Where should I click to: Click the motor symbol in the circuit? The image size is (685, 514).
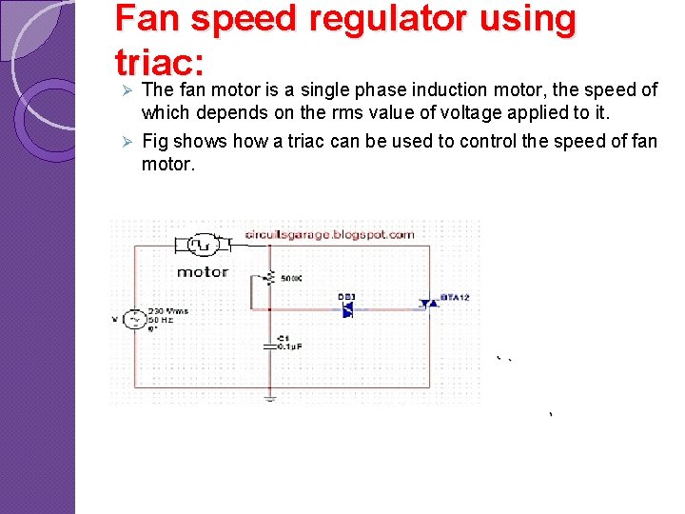202,246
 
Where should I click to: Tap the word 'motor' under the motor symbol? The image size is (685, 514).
203,271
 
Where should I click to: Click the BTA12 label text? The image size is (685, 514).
454,297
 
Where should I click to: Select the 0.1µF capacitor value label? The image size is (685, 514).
289,346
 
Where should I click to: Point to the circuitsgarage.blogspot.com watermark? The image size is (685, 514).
329,234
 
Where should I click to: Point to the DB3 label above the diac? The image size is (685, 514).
346,297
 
